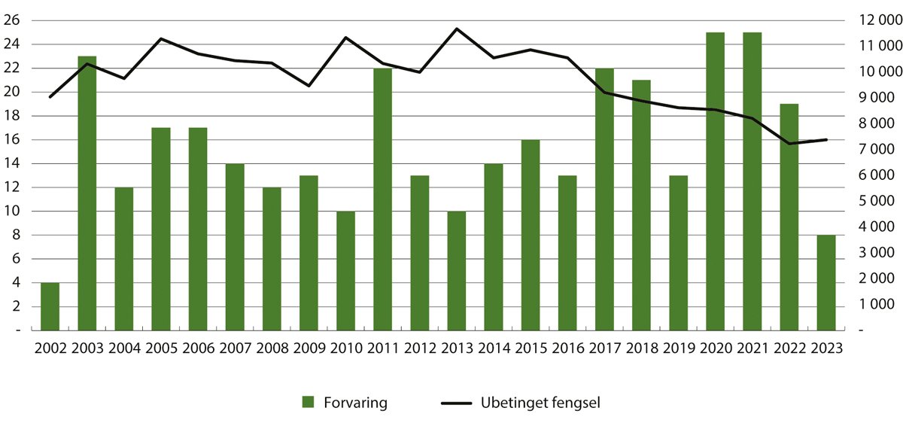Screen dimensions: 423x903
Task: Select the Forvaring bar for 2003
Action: tap(87, 193)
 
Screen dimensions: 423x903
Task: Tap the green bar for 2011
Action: tap(382, 199)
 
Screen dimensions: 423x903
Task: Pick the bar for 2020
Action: tap(715, 181)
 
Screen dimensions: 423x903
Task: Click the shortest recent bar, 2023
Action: tap(826, 282)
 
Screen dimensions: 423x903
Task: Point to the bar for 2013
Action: tap(457, 270)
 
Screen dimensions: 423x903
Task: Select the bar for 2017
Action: tap(604, 199)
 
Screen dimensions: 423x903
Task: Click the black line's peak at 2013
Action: tap(456, 29)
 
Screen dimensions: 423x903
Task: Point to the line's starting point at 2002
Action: tap(50, 97)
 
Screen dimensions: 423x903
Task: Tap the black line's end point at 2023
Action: tap(827, 139)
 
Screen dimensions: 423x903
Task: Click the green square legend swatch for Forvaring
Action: tap(307, 403)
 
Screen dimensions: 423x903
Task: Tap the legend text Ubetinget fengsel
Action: tap(540, 403)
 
